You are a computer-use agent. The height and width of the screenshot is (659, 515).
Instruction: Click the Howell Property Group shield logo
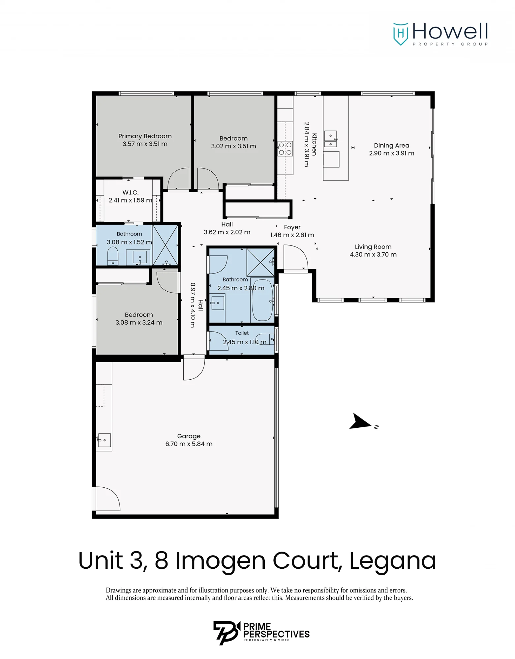coord(401,34)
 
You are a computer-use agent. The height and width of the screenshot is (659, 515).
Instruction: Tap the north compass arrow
coord(360,421)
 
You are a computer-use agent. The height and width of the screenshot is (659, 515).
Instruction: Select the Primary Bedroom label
coord(145,136)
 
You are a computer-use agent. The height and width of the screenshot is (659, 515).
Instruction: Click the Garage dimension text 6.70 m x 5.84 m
coord(189,444)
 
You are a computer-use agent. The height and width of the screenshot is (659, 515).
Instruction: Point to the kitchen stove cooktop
coord(285,148)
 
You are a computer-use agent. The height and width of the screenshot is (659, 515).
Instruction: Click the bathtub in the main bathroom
coord(262,301)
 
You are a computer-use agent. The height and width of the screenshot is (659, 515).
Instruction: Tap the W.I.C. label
coord(131,192)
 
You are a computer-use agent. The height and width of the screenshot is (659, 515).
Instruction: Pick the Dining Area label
coord(392,145)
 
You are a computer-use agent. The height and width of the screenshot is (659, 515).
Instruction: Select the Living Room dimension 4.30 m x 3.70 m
coord(373,254)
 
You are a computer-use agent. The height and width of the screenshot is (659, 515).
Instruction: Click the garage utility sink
coord(104,440)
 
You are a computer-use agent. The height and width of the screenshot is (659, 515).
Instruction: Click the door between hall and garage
coord(194,369)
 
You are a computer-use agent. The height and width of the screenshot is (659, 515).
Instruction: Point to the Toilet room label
coord(242,333)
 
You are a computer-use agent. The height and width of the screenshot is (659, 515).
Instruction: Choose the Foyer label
coord(292,227)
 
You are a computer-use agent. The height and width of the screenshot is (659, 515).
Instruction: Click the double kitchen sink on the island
coord(331,139)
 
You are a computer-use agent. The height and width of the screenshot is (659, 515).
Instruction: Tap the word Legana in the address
coord(393,561)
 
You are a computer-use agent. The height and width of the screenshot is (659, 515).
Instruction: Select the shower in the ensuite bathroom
coord(165,245)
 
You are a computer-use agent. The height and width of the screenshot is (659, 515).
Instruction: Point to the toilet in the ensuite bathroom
coord(113,256)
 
